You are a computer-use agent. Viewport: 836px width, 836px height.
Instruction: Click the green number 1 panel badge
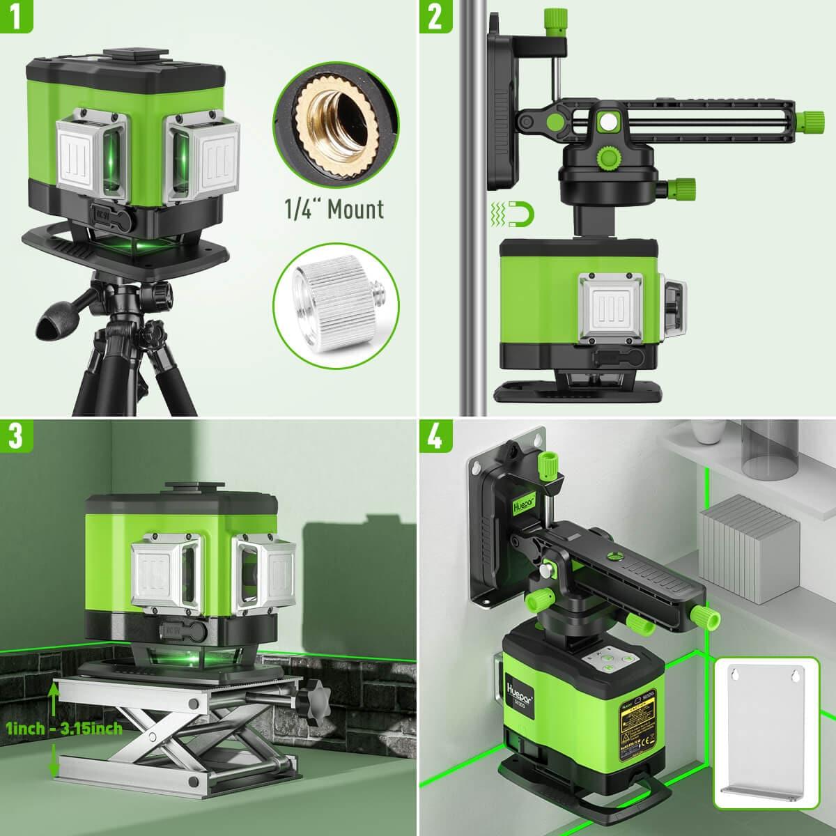16,16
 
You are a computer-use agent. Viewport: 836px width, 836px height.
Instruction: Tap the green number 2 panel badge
434,16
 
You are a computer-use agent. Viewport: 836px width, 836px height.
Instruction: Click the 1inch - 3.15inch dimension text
64,729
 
